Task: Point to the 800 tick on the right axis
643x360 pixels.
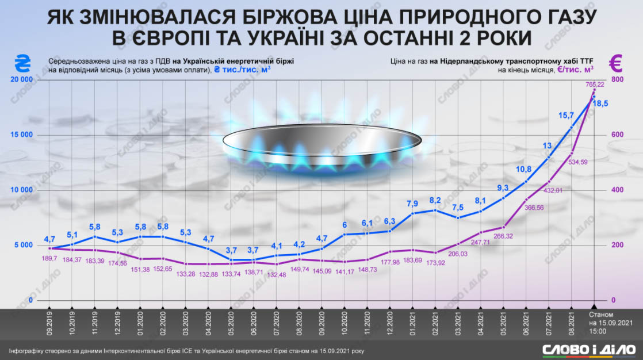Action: pos(617,80)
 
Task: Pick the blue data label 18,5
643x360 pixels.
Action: pos(601,104)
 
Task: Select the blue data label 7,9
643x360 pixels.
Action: pos(412,204)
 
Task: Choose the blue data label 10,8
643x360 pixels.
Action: pos(523,169)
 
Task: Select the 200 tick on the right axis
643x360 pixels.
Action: pos(617,246)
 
